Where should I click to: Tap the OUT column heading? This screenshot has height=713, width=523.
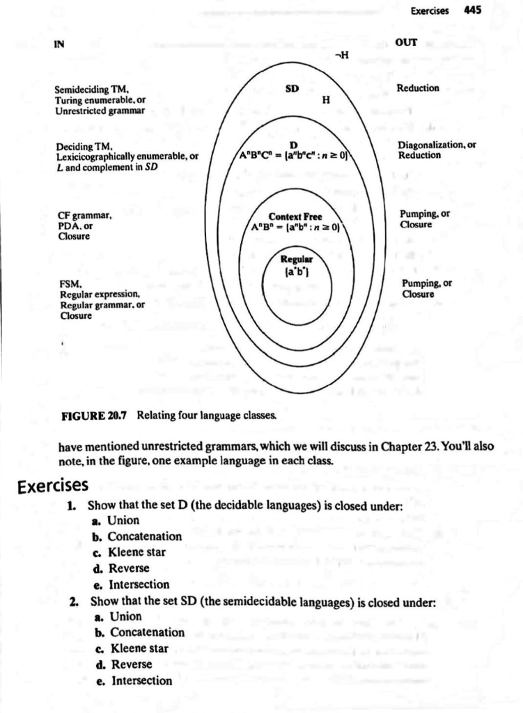[406, 42]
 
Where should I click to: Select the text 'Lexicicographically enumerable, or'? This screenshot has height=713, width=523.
[126, 156]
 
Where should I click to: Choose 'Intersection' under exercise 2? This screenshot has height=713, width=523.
[141, 680]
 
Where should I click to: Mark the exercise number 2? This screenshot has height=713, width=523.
[72, 600]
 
